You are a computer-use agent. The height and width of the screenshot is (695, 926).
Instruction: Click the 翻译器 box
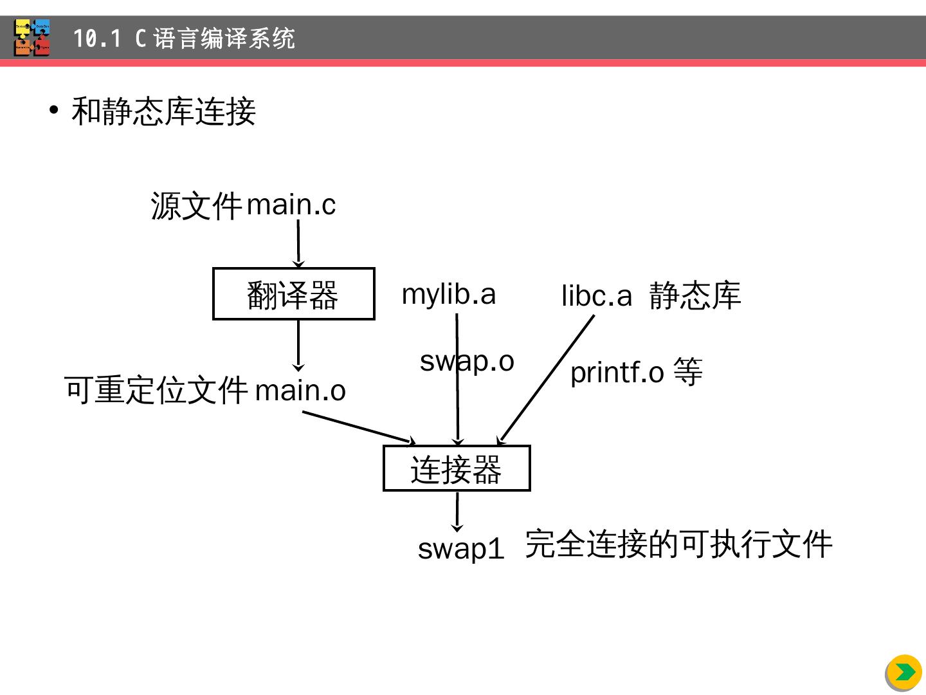click(x=293, y=294)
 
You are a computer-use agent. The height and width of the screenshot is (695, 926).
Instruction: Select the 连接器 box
click(x=457, y=468)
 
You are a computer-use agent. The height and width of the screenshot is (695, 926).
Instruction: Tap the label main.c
click(x=291, y=205)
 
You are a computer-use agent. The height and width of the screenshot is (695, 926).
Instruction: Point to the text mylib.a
click(x=449, y=294)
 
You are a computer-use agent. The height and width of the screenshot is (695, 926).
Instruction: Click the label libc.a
click(x=597, y=296)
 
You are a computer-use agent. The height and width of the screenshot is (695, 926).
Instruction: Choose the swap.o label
click(x=467, y=361)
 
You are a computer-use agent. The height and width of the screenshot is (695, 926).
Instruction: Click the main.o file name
click(x=300, y=391)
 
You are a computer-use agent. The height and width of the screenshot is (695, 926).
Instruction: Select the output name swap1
click(x=461, y=548)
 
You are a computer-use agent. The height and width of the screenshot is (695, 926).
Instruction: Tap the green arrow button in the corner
click(x=904, y=672)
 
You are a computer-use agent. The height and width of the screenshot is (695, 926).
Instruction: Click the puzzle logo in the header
click(x=32, y=38)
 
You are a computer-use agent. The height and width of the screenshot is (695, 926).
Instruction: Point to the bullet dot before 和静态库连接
click(x=54, y=110)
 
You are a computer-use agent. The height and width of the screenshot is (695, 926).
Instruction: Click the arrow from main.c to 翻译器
click(x=298, y=243)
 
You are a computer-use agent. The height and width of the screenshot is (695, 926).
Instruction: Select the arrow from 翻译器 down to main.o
click(x=298, y=345)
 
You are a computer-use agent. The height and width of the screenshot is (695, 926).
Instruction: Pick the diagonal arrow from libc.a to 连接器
click(x=547, y=380)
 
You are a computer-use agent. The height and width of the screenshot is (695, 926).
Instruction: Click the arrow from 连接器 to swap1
click(x=457, y=512)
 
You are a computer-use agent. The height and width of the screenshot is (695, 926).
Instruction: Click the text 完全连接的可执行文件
click(x=678, y=544)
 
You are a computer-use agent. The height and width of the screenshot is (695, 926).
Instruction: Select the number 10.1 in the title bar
click(x=96, y=39)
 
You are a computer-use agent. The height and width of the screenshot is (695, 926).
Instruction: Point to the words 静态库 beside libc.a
click(x=694, y=295)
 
